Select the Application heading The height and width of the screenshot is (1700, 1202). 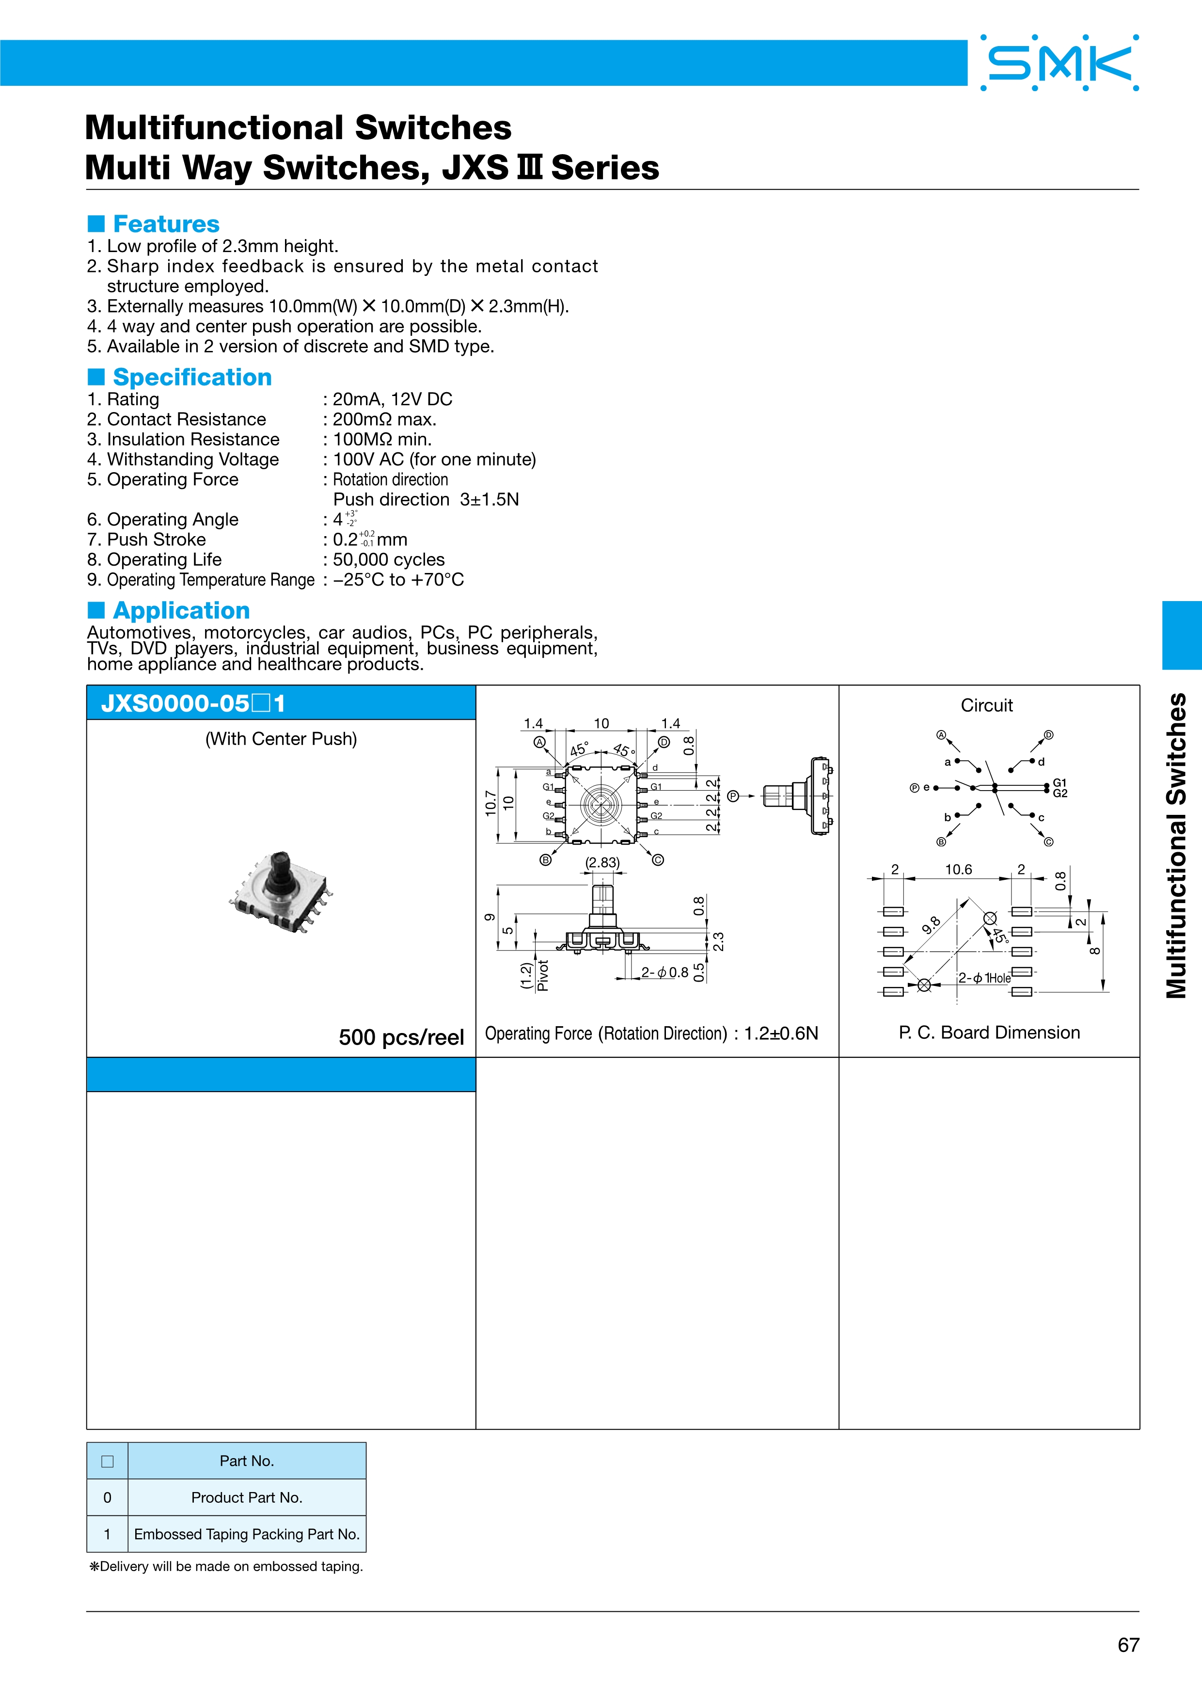click(x=181, y=610)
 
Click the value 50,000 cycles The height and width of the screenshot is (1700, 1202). click(x=389, y=560)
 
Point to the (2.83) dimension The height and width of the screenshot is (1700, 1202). click(x=602, y=862)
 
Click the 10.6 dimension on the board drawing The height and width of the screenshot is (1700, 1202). click(x=959, y=869)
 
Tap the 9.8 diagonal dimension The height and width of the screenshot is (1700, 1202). click(x=931, y=925)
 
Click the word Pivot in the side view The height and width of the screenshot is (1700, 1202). click(x=542, y=975)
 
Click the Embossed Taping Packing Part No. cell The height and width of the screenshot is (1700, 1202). click(x=247, y=1534)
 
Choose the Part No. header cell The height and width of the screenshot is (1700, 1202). click(x=247, y=1461)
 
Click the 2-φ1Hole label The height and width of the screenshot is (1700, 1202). click(x=984, y=978)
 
